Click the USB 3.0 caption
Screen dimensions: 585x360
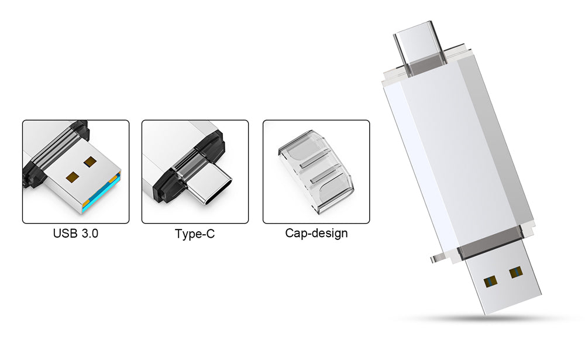[75, 234]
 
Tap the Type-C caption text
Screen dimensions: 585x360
[195, 234]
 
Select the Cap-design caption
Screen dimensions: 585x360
[316, 233]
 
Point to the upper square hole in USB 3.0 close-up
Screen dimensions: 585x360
[90, 162]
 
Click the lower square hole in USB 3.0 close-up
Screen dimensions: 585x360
[72, 177]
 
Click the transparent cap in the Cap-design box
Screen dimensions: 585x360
[316, 172]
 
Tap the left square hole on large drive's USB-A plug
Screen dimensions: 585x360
[490, 282]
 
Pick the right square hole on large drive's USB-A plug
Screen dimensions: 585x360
[516, 272]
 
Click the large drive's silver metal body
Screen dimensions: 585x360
[459, 157]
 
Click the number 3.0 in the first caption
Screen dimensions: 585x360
[90, 234]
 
